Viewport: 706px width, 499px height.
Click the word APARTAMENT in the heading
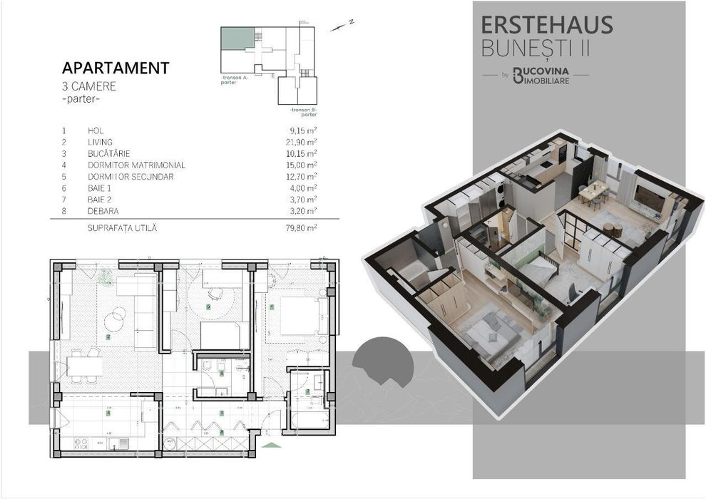point(116,68)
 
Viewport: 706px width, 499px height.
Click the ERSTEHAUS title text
point(547,24)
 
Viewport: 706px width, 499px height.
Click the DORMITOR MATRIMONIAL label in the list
point(136,165)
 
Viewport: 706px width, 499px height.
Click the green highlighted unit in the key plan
point(237,39)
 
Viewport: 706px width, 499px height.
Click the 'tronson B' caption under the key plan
point(303,111)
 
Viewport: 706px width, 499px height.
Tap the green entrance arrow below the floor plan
point(272,446)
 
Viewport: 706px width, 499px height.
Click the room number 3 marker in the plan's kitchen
point(108,413)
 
